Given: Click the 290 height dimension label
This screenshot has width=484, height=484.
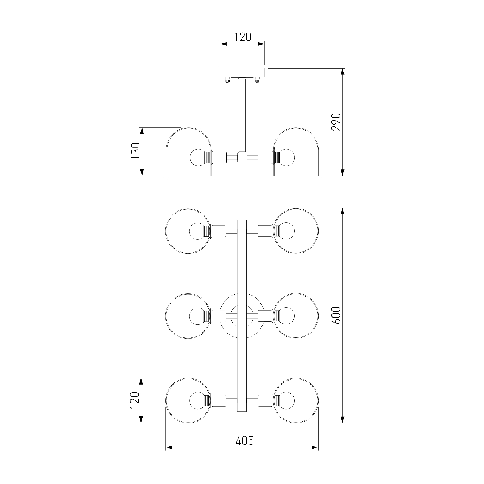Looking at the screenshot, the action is pos(336,122).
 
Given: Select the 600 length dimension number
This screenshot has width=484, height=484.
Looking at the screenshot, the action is pos(336,315).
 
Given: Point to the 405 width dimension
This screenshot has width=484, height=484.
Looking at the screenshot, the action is pos(245,440).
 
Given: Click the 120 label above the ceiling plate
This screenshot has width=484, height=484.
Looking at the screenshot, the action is pos(242,37).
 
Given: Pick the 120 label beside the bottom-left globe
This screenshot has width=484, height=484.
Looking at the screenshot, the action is pos(135,400).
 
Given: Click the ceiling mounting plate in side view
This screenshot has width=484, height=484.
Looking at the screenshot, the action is pos(242,73).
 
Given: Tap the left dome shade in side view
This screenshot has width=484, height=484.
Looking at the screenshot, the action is pos(189,152).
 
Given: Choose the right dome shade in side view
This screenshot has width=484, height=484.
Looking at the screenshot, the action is pos(296,152).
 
